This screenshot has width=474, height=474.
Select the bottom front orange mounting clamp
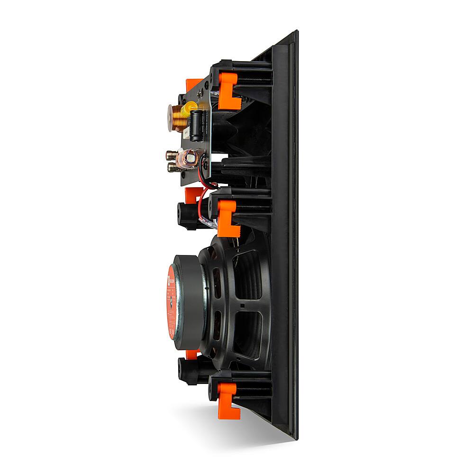pyautogui.click(x=227, y=401)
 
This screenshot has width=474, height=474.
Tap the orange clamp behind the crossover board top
pyautogui.click(x=193, y=85)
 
